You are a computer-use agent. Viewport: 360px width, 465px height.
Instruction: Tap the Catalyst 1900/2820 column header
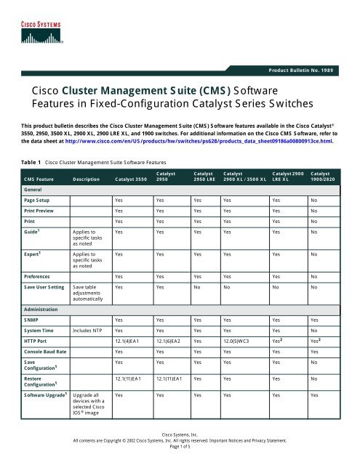[x=324, y=174]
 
